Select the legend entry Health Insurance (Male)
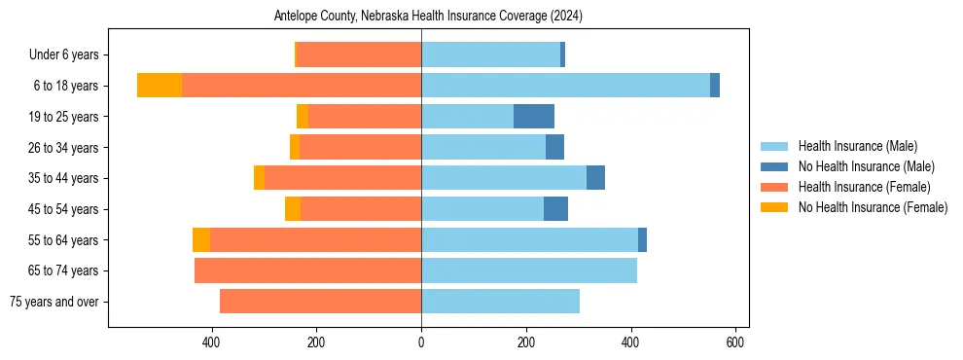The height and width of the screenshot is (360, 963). (x=857, y=146)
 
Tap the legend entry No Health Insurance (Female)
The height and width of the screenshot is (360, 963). (x=873, y=207)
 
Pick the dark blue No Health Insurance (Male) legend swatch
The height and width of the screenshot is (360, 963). (x=775, y=166)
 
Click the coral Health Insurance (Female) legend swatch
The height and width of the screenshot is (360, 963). (x=775, y=187)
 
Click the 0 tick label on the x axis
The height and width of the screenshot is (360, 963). (x=421, y=342)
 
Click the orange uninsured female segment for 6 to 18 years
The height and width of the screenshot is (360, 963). (x=160, y=86)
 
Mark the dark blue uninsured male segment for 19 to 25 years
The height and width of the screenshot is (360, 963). (x=534, y=117)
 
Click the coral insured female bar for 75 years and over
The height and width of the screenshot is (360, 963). (x=320, y=302)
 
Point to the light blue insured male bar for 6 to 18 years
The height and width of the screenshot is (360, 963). (x=565, y=86)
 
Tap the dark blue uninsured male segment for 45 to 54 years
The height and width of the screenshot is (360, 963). (x=555, y=209)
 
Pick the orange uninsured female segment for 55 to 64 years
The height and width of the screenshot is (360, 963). (x=201, y=239)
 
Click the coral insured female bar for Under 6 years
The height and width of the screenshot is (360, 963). (x=359, y=54)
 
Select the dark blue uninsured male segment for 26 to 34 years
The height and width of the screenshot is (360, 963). (x=554, y=147)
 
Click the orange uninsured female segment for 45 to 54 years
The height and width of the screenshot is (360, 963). (x=293, y=209)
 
